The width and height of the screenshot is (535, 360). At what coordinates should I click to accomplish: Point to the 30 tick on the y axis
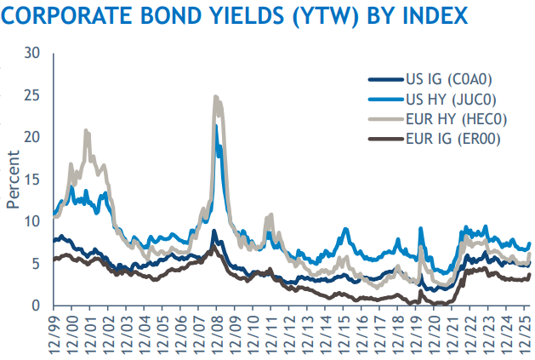pyautogui.click(x=32, y=53)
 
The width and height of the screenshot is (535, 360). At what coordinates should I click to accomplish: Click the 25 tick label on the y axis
pyautogui.click(x=32, y=95)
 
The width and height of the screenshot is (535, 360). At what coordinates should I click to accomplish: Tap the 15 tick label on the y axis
pyautogui.click(x=32, y=180)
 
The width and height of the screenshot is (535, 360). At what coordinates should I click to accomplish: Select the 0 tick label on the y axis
pyautogui.click(x=37, y=306)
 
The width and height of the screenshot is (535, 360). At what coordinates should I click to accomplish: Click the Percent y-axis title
pyautogui.click(x=14, y=179)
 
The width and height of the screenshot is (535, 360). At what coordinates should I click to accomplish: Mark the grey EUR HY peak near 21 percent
pyautogui.click(x=86, y=130)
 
